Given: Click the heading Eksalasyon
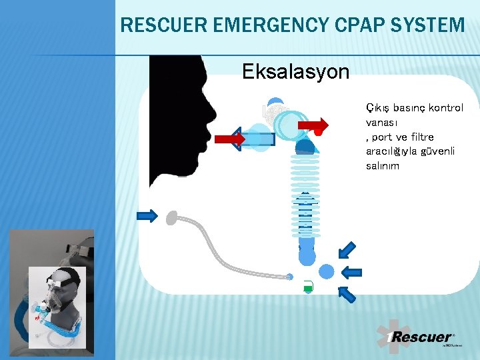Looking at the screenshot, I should click(x=295, y=71).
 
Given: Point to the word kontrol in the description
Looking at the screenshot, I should click(x=445, y=108).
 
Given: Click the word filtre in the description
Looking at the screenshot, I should click(x=420, y=137).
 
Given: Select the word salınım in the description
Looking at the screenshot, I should click(x=383, y=166).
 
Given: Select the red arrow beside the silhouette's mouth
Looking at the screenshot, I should click(x=230, y=139).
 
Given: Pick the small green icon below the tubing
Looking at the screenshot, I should click(x=307, y=287).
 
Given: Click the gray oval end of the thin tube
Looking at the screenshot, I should click(x=173, y=217).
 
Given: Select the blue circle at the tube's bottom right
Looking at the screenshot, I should click(x=327, y=271).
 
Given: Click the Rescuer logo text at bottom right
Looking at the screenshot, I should click(x=421, y=337).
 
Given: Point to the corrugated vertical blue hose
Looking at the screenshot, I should click(x=305, y=193).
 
